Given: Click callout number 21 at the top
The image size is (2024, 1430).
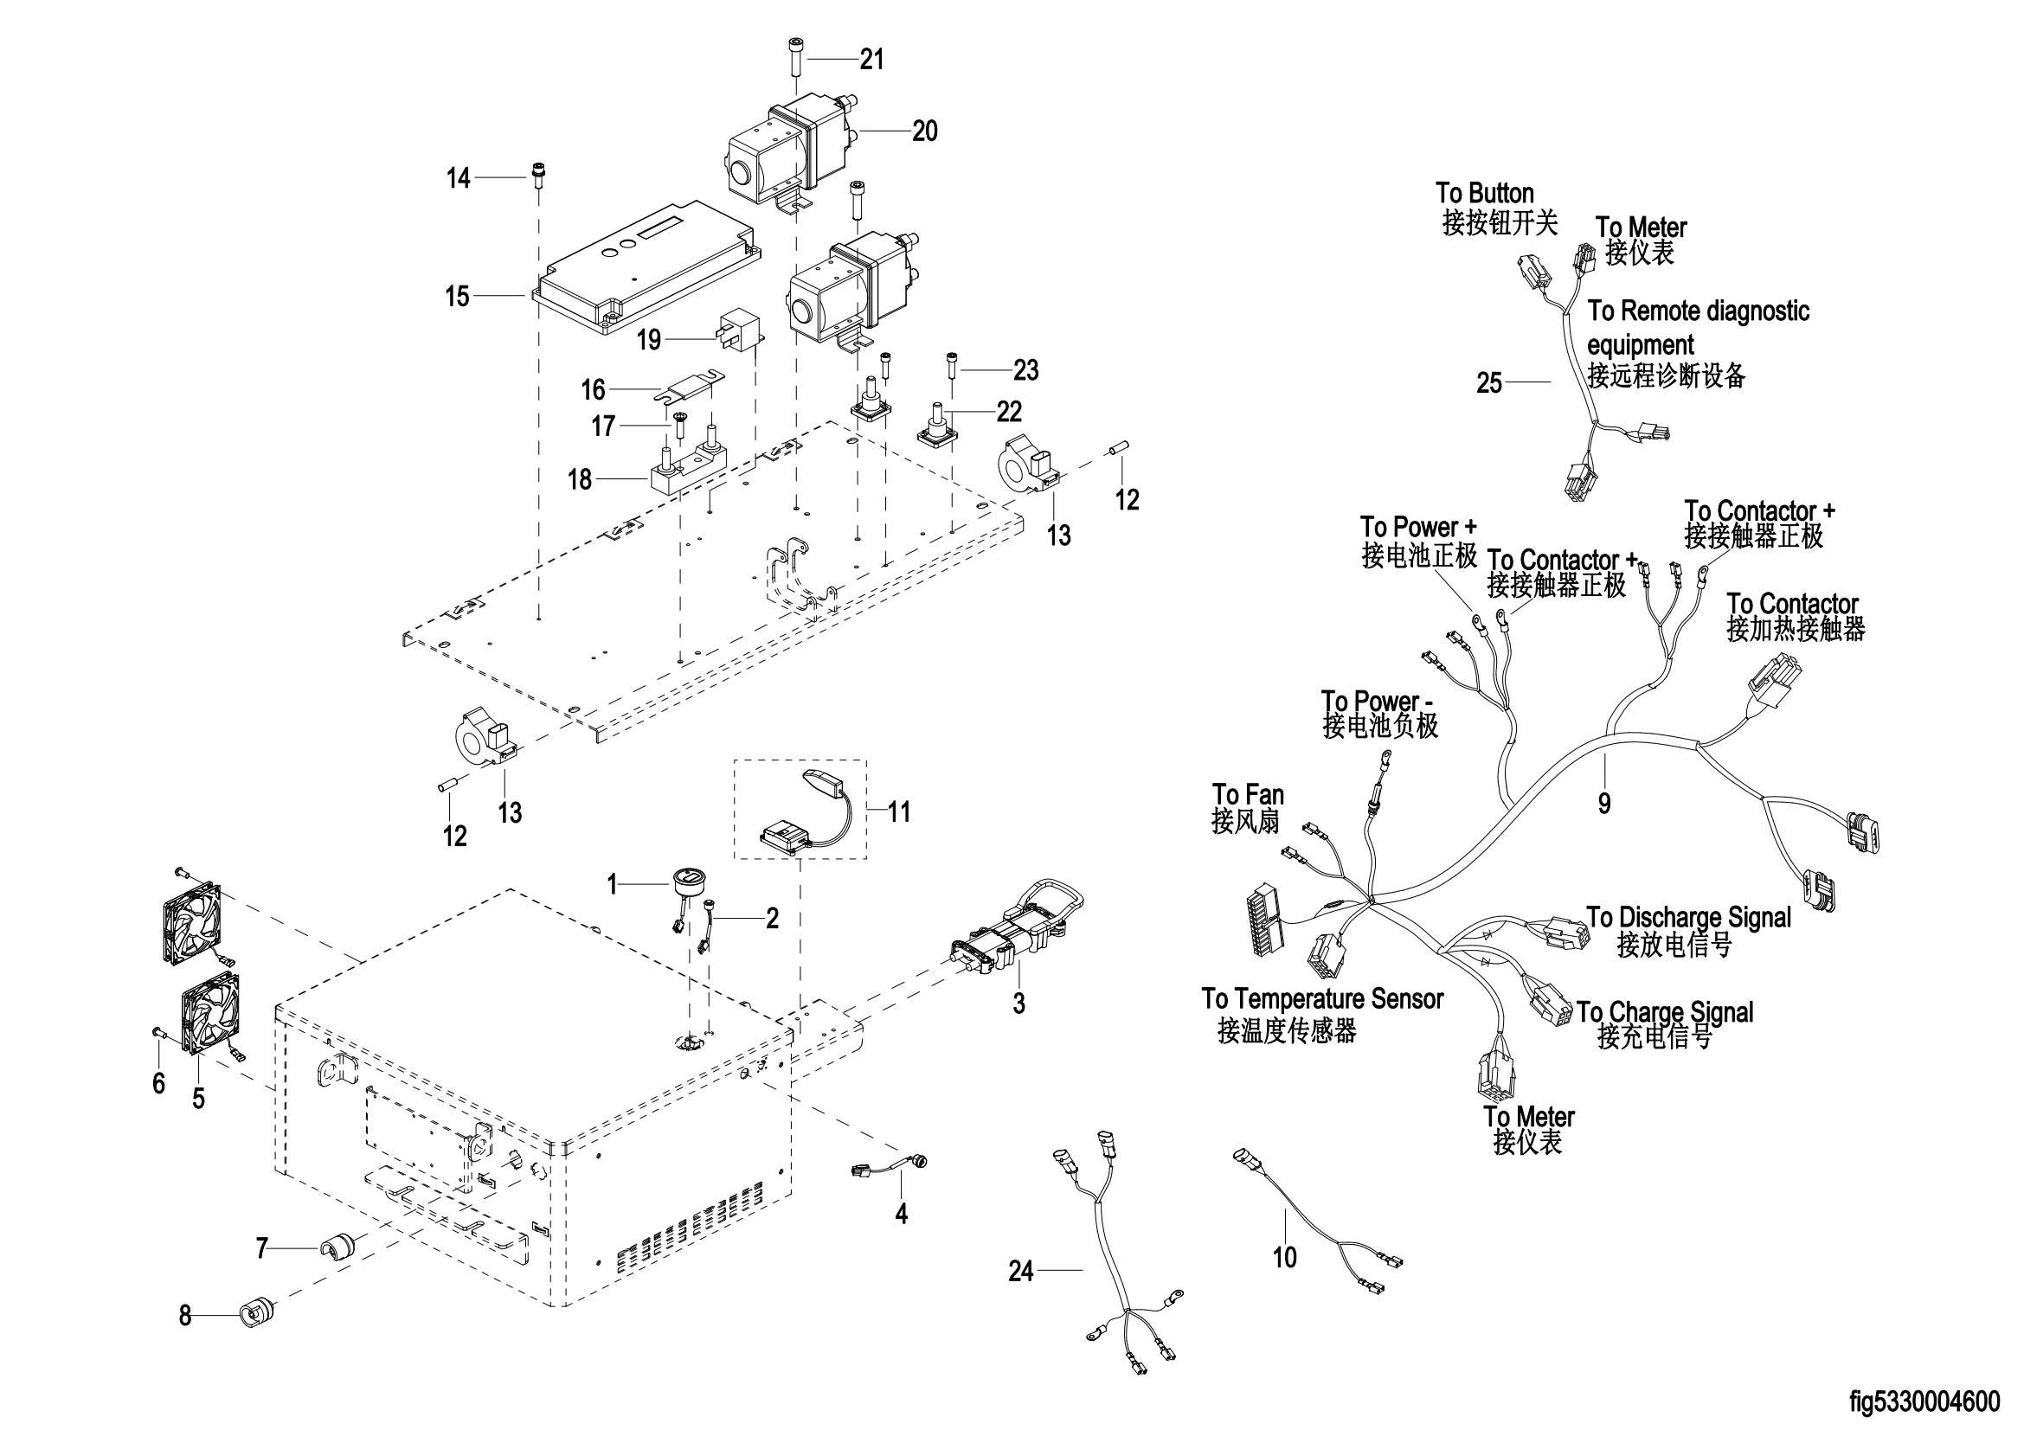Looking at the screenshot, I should click(x=871, y=60).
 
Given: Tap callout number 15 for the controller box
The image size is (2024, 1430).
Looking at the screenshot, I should click(x=457, y=296).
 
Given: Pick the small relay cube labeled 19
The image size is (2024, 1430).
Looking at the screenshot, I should click(x=738, y=329).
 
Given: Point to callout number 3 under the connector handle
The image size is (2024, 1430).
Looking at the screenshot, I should click(x=1018, y=1003).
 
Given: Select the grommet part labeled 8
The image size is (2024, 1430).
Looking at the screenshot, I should click(x=254, y=1317).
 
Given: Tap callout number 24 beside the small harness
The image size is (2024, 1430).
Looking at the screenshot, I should click(x=1020, y=1271).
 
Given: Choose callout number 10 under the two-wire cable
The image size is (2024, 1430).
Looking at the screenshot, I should click(x=1284, y=1257).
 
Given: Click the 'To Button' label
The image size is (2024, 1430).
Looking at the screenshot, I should click(x=1485, y=193).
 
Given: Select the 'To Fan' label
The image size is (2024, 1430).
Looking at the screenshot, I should click(x=1248, y=795).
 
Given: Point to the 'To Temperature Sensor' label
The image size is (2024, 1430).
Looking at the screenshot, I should click(x=1321, y=999).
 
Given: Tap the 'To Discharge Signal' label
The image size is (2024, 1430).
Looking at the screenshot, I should click(x=1688, y=917).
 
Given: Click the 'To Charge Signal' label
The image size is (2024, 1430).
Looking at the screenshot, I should click(x=1664, y=1011).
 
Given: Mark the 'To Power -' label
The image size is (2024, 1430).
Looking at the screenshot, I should click(x=1376, y=702).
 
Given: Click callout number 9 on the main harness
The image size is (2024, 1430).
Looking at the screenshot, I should click(x=1603, y=803).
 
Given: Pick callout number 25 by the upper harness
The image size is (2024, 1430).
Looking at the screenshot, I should click(x=1489, y=382).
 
